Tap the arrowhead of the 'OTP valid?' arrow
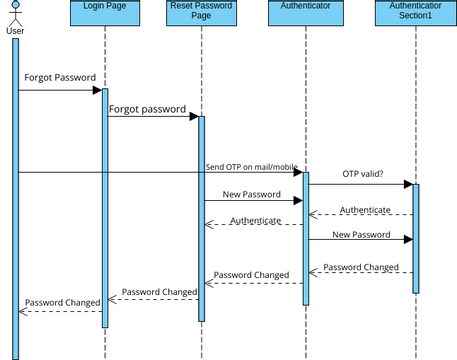tap(408, 184)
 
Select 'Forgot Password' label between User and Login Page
tap(60, 77)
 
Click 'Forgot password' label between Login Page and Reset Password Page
tap(147, 108)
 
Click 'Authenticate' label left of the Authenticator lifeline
tap(255, 219)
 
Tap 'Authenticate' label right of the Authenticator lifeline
tap(365, 209)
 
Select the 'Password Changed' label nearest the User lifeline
tap(62, 301)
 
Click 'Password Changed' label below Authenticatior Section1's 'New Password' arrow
tap(361, 267)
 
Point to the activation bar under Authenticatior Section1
tap(416, 240)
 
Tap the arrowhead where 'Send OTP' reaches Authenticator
tap(298, 173)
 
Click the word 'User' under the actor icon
tap(15, 30)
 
